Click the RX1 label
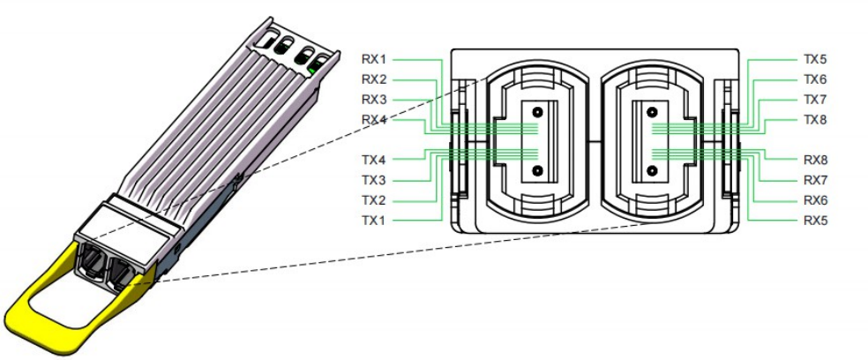(x=374, y=59)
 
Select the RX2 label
(x=374, y=79)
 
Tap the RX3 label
(x=374, y=99)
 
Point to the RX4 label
(x=374, y=119)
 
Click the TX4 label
(x=374, y=160)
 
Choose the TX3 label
(x=374, y=179)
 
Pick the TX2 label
(x=374, y=199)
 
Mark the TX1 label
(x=374, y=219)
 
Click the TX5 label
(x=815, y=59)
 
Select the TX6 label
(x=815, y=79)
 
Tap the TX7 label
(x=815, y=99)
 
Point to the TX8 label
(x=815, y=119)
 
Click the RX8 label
(x=815, y=160)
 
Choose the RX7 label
(x=815, y=179)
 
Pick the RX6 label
(x=815, y=199)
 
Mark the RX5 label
(x=815, y=219)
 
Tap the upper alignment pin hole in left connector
(x=536, y=113)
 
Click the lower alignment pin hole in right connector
(x=652, y=169)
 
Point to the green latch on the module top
(x=315, y=66)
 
